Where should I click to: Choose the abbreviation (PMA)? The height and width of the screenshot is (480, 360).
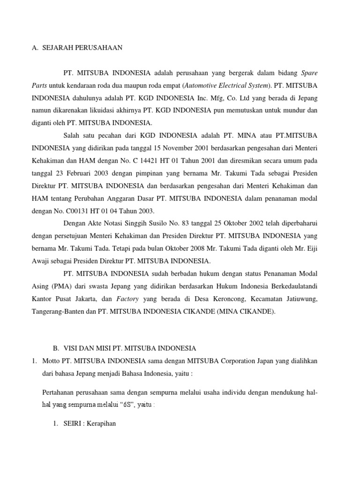(x=60, y=285)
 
